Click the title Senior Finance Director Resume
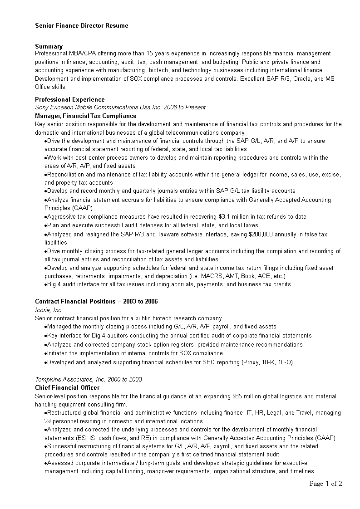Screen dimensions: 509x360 (82, 26)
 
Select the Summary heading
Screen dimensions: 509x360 (49, 46)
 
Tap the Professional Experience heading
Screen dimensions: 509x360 (70, 99)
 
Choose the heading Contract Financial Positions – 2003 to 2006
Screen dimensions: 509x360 (96, 302)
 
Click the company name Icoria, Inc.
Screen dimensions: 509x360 (49, 310)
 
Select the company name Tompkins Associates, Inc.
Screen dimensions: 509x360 (71, 379)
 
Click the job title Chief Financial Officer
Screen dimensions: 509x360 (67, 387)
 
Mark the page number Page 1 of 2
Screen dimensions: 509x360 (325, 484)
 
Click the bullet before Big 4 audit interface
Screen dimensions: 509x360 (46, 284)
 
